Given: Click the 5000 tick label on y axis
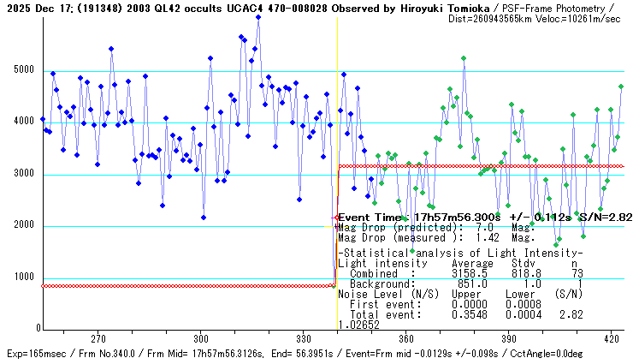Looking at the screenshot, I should click(21, 69).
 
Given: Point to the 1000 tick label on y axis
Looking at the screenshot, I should click(21, 277).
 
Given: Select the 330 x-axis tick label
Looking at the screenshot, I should click(304, 337).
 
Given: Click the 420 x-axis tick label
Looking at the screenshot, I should click(610, 337).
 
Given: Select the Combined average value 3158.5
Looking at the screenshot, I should click(469, 273).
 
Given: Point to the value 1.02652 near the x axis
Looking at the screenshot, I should click(358, 325).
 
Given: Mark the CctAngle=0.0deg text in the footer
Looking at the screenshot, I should click(591, 353).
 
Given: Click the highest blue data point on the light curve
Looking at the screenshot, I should click(258, 16).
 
